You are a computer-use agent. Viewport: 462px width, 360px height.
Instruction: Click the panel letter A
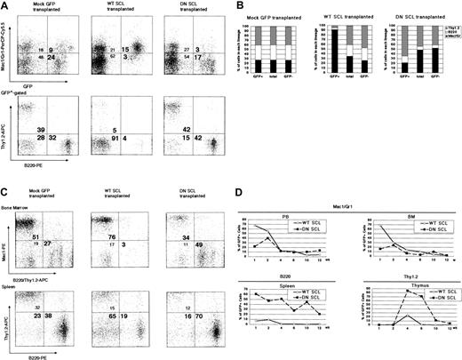click(4, 5)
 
